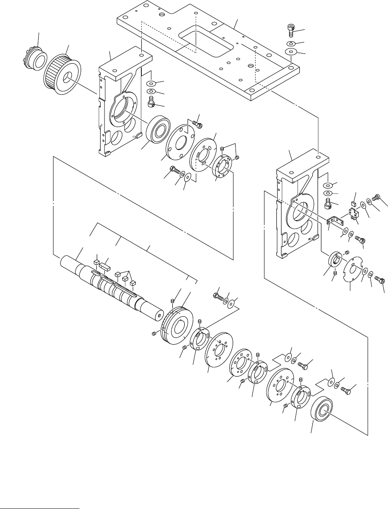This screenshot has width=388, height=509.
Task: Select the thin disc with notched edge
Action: click(351, 267)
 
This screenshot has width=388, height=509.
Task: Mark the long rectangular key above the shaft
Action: click(105, 267)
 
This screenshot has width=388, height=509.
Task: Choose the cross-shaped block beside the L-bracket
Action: click(353, 213)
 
